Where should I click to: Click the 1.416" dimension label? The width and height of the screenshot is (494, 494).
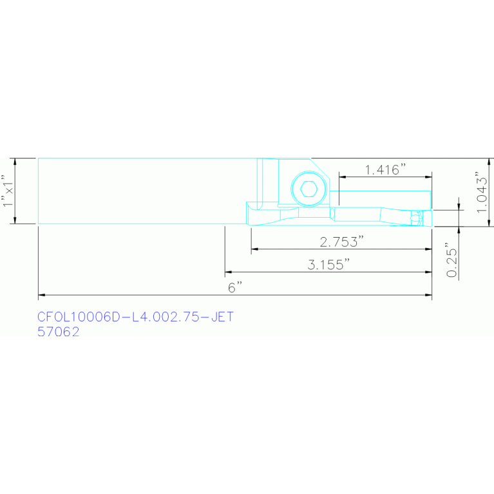(x=385, y=170)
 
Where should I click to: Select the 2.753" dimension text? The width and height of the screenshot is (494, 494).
(x=342, y=242)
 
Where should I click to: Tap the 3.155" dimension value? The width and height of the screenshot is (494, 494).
(x=329, y=265)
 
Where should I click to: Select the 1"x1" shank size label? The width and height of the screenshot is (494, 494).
(x=8, y=191)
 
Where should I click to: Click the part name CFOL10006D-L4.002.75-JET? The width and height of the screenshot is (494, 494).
(x=135, y=317)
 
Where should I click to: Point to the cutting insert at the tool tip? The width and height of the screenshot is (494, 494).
(x=417, y=218)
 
